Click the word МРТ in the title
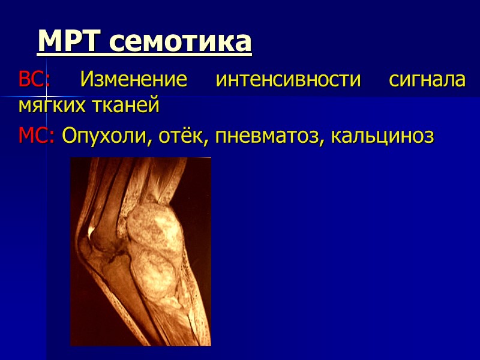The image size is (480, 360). point(70,41)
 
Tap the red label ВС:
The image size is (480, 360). point(35,80)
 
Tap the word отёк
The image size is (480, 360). point(174,136)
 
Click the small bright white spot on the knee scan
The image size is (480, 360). point(91,230)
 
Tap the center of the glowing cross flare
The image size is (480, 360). point(46,95)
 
